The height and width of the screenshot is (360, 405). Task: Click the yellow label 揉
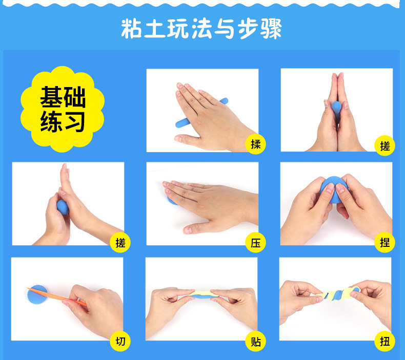[255, 144]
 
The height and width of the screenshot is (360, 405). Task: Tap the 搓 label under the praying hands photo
[384, 146]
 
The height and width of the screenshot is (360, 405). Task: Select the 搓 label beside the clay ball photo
[120, 243]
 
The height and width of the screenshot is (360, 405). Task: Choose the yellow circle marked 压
[255, 243]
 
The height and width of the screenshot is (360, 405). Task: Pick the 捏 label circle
[384, 243]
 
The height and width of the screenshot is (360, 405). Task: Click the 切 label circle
[120, 341]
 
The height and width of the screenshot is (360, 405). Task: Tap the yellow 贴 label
[255, 341]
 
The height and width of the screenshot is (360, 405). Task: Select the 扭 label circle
[384, 341]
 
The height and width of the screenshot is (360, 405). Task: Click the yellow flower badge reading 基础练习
[63, 109]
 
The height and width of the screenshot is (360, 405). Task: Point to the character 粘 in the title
[131, 28]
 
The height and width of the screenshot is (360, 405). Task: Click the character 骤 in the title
[271, 28]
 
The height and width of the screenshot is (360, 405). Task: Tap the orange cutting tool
[57, 297]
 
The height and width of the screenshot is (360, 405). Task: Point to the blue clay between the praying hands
[336, 110]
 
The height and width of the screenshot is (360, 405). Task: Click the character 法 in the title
[201, 28]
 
